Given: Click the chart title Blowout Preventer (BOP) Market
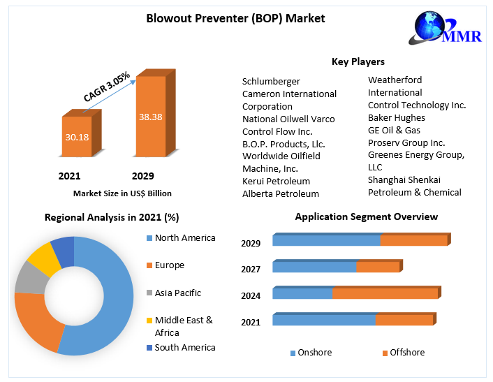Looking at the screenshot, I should coord(235,18).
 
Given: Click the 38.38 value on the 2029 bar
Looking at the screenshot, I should coord(151,117).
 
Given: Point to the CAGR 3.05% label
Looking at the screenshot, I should coord(106,85).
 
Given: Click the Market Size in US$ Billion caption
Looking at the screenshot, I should coord(122,193).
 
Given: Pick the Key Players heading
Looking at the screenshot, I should coord(358,62).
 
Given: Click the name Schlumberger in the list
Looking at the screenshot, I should coord(271,81).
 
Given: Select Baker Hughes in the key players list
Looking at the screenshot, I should coord(397,117).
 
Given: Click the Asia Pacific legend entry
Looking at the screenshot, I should coord(178,293).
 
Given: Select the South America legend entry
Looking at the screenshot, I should coord(185,347).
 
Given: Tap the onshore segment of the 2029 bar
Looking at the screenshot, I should coord(326,241).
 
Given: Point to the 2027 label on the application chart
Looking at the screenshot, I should coord(251,270).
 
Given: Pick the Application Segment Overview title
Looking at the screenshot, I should coord(367,216).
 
